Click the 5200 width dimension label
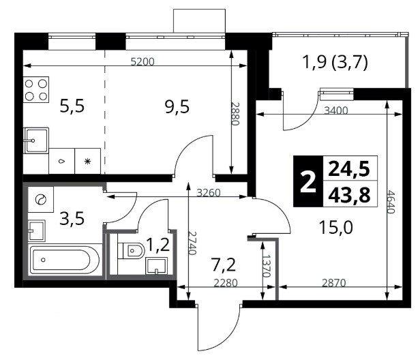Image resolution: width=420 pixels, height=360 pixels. (142, 61)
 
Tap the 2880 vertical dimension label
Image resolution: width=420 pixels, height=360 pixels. (235, 114)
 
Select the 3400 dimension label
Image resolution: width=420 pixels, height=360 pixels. (336, 110)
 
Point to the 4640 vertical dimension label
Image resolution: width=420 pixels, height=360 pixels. (391, 202)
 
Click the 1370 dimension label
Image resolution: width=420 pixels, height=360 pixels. (266, 266)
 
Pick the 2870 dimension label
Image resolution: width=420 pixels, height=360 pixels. (334, 283)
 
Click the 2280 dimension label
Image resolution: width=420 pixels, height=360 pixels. (226, 283)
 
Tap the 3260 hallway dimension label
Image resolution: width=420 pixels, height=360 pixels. (209, 192)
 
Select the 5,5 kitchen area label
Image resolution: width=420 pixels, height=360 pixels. (72, 106)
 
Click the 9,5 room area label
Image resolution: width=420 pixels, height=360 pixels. (177, 106)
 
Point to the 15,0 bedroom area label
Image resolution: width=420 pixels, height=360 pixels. (336, 228)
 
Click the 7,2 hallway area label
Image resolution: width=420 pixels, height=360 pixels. (224, 265)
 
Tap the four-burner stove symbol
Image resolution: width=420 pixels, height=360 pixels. (36, 90)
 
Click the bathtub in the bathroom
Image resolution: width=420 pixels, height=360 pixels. (64, 260)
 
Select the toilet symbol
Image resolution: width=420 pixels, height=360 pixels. (131, 251)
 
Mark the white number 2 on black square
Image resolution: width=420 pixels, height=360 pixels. (308, 181)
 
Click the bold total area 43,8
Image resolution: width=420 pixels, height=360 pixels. (350, 195)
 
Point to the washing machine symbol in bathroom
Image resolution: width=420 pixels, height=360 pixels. (41, 200)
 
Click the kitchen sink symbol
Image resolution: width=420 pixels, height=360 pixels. (36, 140)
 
